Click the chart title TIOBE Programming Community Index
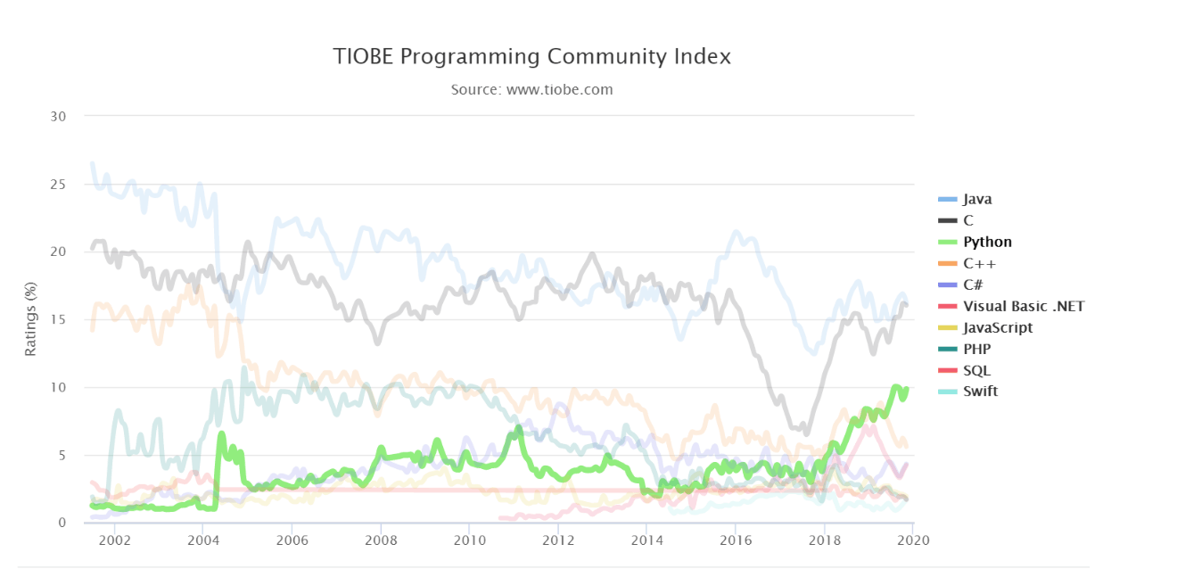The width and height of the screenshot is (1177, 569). click(x=531, y=56)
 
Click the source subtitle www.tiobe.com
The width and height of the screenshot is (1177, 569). click(x=531, y=89)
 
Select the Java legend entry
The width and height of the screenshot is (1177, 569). click(x=977, y=199)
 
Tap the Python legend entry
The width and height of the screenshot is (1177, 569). click(x=987, y=242)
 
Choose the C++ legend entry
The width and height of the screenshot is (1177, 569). click(x=979, y=263)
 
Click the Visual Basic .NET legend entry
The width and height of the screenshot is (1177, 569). click(x=1023, y=306)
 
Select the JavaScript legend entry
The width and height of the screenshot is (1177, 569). click(x=997, y=327)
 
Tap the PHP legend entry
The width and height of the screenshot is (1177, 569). click(x=976, y=349)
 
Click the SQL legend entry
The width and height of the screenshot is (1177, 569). click(x=976, y=370)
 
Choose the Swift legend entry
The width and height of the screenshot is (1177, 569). click(x=980, y=391)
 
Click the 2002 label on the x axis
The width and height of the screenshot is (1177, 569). click(x=115, y=540)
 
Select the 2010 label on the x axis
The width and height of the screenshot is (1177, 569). click(x=469, y=540)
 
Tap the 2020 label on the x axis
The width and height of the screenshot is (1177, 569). click(x=913, y=540)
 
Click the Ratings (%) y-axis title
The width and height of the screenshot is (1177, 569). click(x=30, y=318)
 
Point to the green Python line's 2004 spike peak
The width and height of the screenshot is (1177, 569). click(x=221, y=433)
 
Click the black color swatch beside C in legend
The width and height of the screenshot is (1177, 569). click(x=947, y=220)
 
